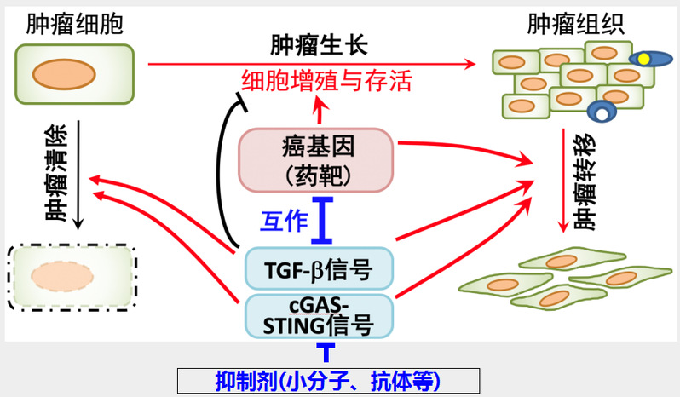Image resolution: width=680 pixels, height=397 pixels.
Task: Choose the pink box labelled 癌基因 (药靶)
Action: coord(316,159)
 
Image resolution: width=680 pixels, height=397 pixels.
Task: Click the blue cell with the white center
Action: coord(603,112)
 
